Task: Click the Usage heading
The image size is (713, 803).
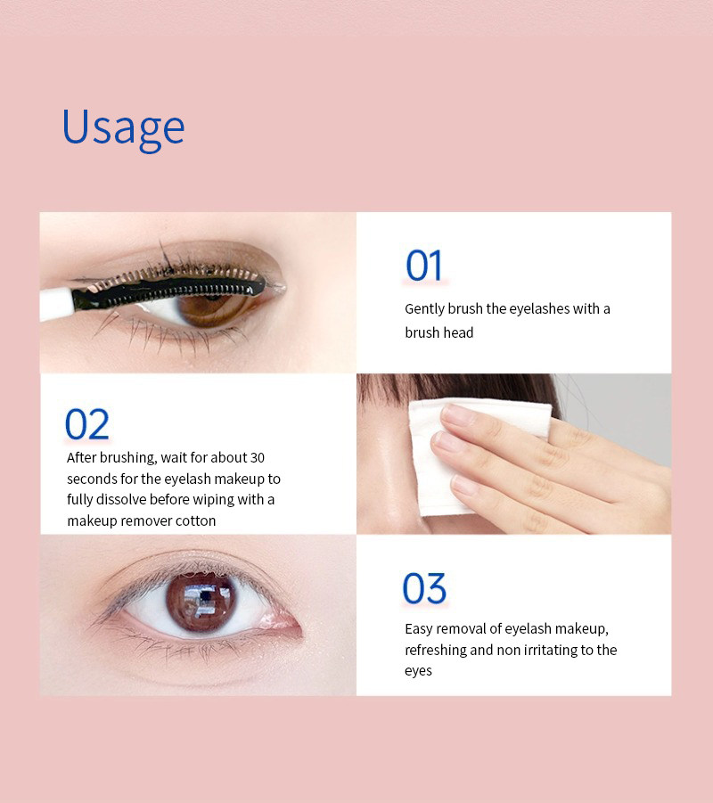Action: point(123,127)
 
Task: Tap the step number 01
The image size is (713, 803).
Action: point(424,266)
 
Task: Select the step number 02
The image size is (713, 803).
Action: point(87,425)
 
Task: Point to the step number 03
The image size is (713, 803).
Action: point(424,589)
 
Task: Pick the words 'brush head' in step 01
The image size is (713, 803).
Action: point(439,332)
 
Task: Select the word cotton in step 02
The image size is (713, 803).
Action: point(193,520)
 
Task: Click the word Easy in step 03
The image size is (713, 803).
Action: point(418,629)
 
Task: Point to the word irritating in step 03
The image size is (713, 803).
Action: point(550,650)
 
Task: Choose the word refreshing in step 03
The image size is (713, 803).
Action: point(436,650)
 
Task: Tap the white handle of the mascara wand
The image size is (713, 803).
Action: point(55,303)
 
